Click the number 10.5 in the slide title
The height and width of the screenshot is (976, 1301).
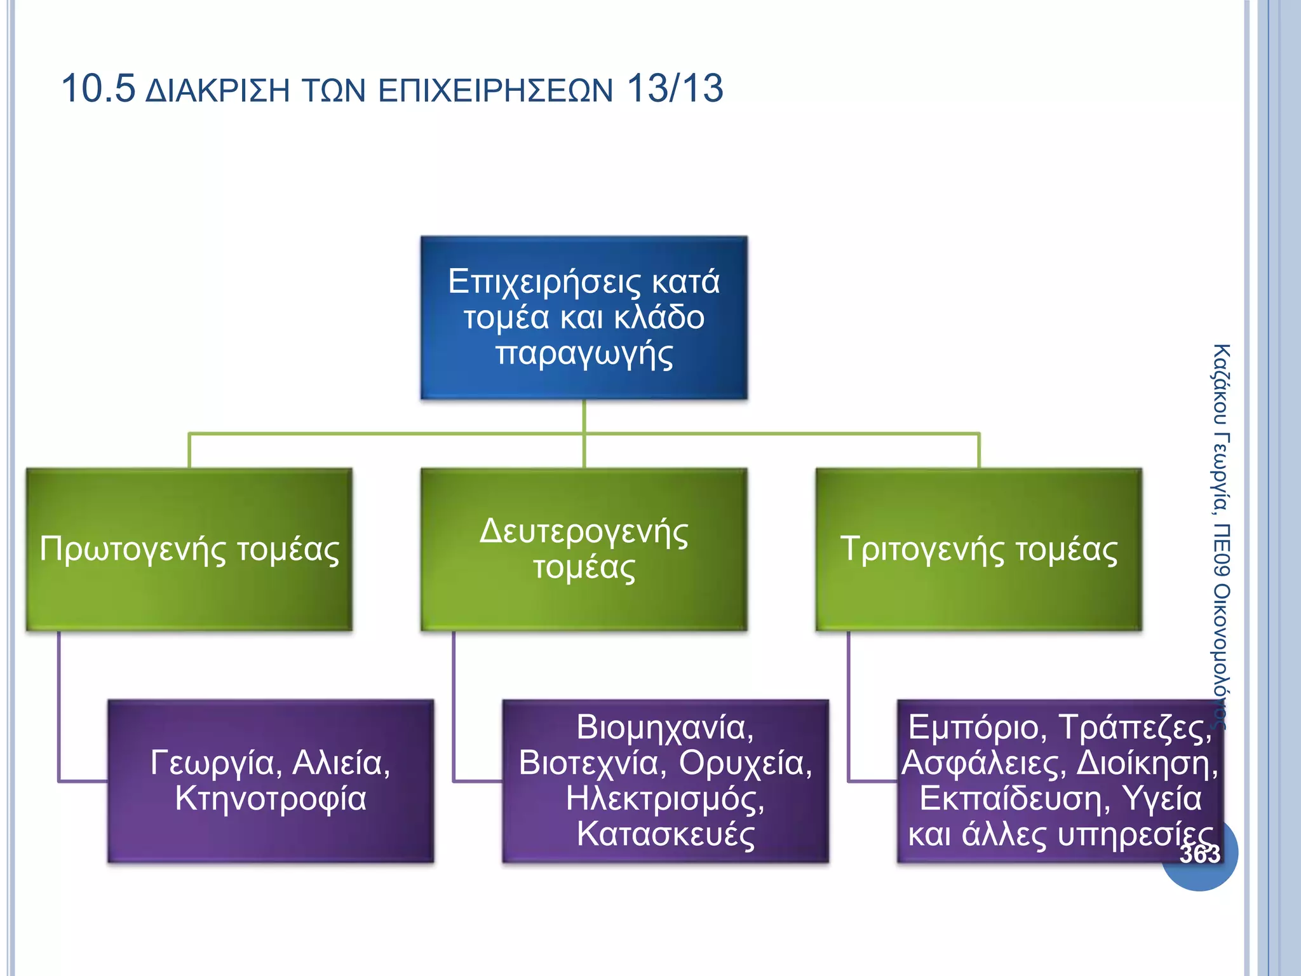tap(98, 88)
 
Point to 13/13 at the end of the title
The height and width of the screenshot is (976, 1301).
tap(675, 88)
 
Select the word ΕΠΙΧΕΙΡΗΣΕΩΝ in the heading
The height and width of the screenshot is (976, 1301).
tap(495, 91)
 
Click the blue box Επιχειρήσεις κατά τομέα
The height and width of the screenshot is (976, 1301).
tap(584, 317)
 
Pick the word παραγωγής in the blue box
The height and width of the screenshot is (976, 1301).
tap(584, 354)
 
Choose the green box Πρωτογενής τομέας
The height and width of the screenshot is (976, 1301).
tap(189, 550)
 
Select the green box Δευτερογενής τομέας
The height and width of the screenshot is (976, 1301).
tap(584, 550)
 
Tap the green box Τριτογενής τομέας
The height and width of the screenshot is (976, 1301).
tap(979, 550)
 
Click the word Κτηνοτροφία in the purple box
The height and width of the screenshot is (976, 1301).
tap(271, 799)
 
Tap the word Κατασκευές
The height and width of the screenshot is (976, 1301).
tap(665, 834)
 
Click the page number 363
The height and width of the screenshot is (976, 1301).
tap(1200, 854)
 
